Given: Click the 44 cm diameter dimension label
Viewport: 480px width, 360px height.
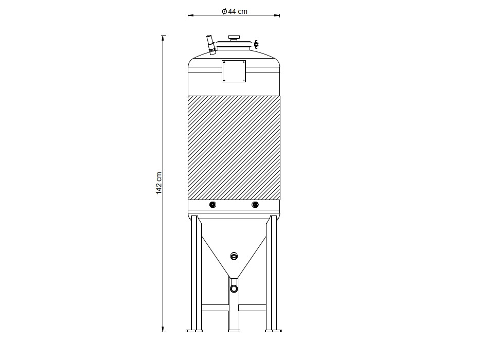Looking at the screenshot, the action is click(235, 11).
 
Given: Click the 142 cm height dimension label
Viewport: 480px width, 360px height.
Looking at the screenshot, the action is click(158, 183).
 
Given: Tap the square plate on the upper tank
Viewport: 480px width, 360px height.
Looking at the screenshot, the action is click(234, 71).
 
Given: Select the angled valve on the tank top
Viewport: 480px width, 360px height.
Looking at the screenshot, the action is click(211, 45).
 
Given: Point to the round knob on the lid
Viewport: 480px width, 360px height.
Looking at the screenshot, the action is click(235, 38).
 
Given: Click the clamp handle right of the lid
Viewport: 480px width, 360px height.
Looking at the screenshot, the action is click(256, 45).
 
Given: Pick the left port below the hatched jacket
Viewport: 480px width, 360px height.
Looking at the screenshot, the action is click(212, 205).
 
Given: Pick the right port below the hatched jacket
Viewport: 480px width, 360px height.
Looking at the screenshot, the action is click(255, 205).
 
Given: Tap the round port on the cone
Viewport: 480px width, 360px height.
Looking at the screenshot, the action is click(234, 256).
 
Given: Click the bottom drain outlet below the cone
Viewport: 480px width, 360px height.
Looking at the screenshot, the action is click(234, 289).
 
